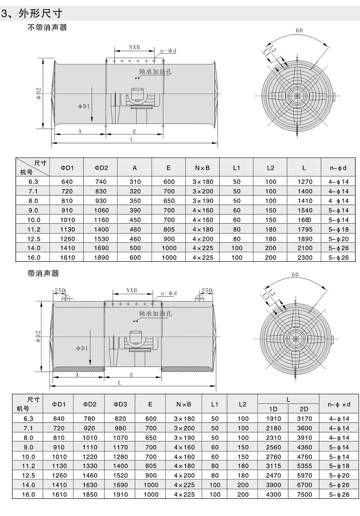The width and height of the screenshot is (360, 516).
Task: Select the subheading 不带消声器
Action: (47, 28)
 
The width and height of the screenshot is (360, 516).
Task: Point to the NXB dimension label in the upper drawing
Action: (134, 47)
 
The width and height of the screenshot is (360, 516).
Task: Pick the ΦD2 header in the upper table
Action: (101, 168)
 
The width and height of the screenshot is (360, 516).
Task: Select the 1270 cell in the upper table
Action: (305, 181)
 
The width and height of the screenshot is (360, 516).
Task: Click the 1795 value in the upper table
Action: (305, 229)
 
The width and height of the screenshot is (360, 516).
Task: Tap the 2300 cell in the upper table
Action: (305, 258)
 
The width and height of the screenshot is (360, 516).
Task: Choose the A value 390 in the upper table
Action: (135, 210)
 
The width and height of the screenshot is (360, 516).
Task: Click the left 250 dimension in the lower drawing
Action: (60, 290)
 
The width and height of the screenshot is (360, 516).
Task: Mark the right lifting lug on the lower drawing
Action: (199, 298)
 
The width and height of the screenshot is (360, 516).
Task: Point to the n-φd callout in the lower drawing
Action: (168, 293)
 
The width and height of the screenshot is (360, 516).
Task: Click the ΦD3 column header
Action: (120, 404)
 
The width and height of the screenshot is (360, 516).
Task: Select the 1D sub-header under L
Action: (273, 409)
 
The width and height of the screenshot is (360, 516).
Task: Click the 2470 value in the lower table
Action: (273, 475)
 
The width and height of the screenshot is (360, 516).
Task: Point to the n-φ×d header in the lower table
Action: (338, 404)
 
